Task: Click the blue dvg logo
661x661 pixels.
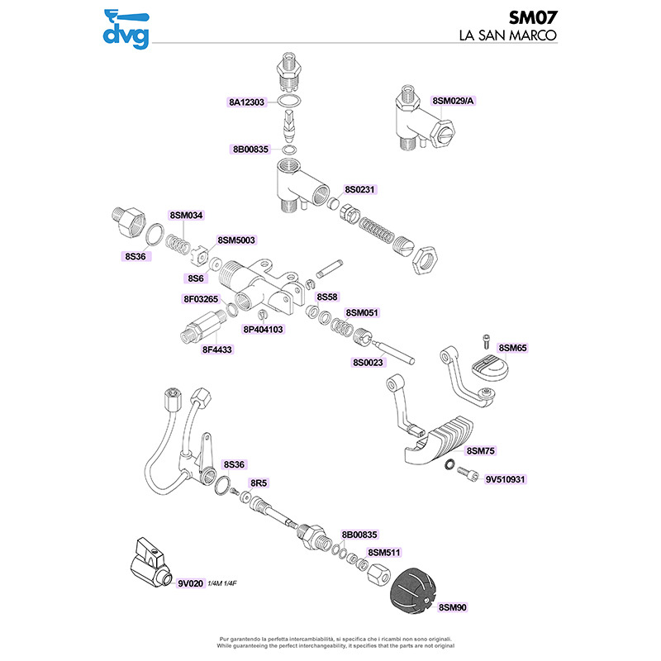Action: point(126,30)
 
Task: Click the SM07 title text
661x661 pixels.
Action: point(533,17)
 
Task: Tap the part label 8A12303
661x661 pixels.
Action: point(246,102)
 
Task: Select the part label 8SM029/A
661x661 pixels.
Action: point(453,101)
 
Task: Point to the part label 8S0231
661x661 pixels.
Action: point(359,190)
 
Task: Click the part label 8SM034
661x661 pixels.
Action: point(187,216)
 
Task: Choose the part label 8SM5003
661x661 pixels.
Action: point(236,240)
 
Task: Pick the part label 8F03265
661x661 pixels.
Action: point(201,299)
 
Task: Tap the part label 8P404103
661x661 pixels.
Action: point(263,330)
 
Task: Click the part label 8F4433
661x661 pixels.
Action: point(217,350)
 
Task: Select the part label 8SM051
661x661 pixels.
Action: point(362,313)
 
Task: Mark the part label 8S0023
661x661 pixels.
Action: point(368,363)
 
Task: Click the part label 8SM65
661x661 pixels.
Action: point(512,348)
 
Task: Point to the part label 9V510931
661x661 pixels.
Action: point(505,480)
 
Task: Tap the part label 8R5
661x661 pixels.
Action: point(259,483)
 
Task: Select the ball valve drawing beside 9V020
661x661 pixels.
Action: point(151,563)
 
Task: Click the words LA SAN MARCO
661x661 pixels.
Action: point(508,36)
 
